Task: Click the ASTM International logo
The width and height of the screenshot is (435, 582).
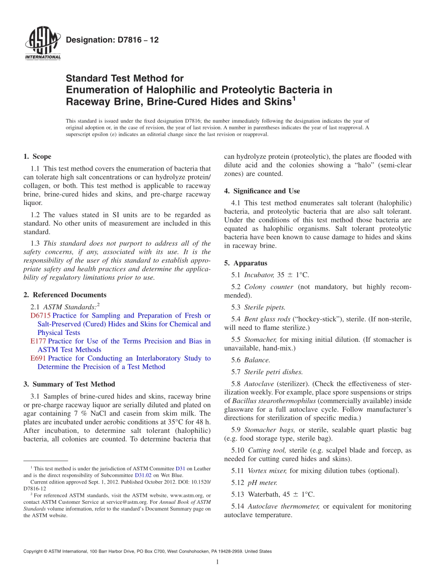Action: [42, 43]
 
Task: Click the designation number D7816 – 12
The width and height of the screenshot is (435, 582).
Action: [112, 40]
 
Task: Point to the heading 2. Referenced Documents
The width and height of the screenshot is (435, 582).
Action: [65, 295]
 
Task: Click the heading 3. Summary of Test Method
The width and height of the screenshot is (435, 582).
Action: [69, 384]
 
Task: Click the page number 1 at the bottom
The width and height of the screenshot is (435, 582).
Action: [217, 562]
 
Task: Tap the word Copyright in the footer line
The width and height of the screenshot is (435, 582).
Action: [33, 551]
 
